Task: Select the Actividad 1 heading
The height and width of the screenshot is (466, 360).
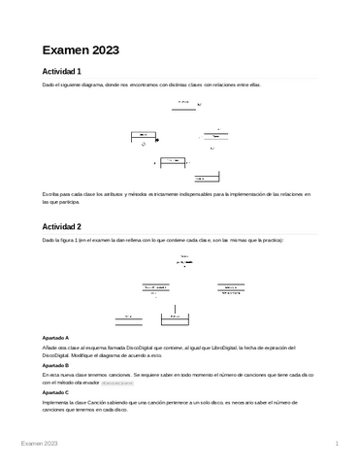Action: coord(60,73)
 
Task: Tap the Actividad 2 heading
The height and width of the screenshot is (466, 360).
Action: coord(60,227)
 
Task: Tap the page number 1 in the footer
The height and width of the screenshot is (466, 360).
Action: coord(335,443)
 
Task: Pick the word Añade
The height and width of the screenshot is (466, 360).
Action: coord(49,347)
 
